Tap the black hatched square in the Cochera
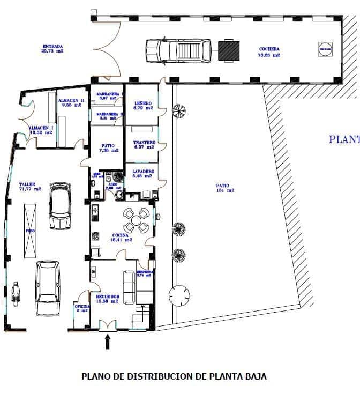[x=229, y=51]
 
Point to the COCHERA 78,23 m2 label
[x=269, y=51]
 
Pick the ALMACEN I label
[x=41, y=129]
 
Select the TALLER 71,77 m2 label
[x=31, y=186]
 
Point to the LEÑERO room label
[x=143, y=105]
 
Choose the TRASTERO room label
[x=144, y=144]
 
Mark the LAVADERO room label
[x=143, y=174]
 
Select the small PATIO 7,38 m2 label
[x=108, y=147]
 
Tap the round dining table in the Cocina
[x=137, y=220]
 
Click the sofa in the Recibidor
[x=129, y=287]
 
